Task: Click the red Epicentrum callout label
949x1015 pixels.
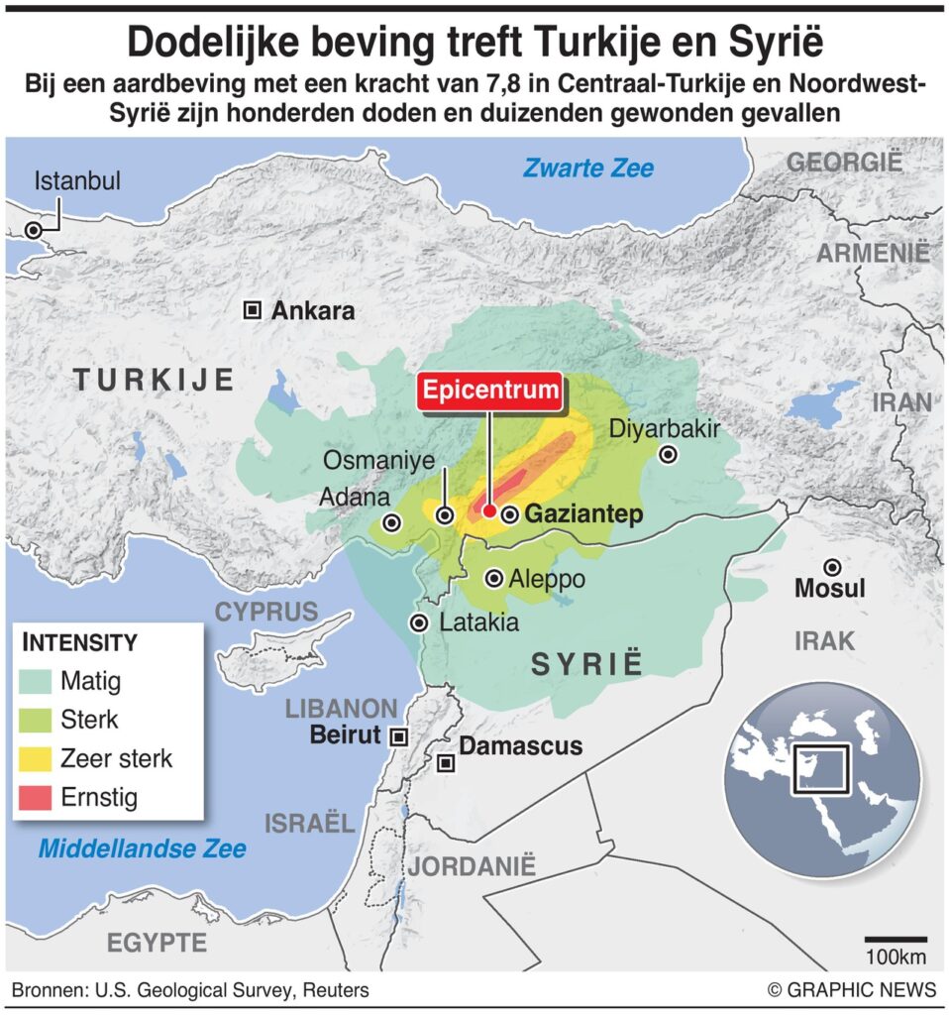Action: click(490, 391)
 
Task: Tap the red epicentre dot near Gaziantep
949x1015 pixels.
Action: click(488, 509)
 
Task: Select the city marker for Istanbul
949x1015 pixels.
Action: click(34, 229)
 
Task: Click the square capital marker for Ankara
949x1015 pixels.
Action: click(253, 311)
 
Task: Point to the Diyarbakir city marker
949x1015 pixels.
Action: click(669, 455)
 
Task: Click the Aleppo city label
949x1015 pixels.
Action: click(547, 579)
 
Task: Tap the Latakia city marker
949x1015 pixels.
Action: click(420, 622)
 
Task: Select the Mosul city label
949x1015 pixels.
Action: click(830, 589)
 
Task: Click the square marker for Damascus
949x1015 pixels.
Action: click(447, 762)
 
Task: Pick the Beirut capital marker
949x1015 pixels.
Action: click(398, 735)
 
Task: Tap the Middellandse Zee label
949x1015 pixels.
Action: click(143, 848)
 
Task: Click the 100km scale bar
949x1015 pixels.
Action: click(896, 938)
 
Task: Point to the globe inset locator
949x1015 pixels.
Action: click(810, 788)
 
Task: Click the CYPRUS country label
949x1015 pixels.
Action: click(267, 612)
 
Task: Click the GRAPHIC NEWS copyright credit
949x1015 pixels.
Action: click(852, 989)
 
